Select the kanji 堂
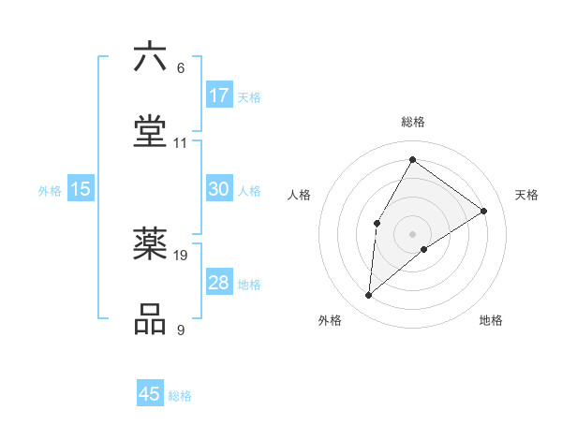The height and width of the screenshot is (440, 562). point(150,131)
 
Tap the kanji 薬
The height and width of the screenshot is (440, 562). point(150,244)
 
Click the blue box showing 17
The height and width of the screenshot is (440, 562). point(219,95)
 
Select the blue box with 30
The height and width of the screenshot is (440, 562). point(219,189)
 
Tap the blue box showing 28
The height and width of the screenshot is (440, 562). point(219,283)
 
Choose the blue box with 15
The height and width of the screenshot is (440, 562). point(81,189)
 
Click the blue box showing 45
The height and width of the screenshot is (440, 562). point(150,394)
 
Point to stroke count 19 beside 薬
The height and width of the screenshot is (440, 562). point(181,256)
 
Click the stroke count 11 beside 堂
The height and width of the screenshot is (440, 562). point(181,143)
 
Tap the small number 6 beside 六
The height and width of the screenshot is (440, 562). point(181,68)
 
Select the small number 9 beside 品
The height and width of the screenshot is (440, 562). point(181,330)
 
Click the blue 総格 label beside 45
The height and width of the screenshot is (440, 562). point(180,396)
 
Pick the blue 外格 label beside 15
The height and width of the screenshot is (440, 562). point(50,191)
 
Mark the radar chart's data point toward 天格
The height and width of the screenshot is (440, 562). point(484,211)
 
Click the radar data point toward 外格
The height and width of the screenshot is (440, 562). point(369,296)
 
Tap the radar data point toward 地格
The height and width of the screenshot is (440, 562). point(424,249)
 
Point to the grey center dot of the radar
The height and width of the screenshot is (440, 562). point(412,233)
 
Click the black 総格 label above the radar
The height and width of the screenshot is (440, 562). point(413,122)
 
